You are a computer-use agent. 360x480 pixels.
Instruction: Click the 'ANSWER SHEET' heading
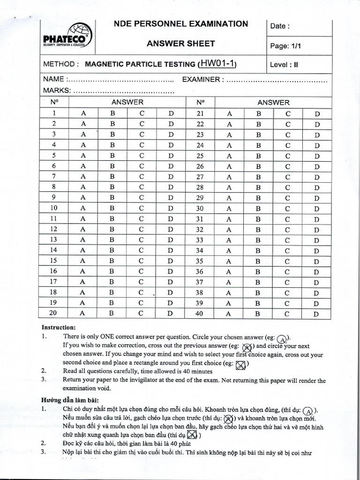181,44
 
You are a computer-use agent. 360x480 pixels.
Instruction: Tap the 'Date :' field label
280,26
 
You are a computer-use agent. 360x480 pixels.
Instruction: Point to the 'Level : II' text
285,65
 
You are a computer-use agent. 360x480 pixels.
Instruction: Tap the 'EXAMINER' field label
200,80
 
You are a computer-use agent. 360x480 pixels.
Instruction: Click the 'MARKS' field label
57,90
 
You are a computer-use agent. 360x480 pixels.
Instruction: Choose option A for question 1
84,113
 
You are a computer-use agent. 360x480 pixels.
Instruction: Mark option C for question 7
141,177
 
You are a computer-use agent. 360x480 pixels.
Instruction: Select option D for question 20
171,314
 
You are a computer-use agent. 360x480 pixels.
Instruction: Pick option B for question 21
258,113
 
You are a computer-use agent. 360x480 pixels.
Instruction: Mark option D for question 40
316,314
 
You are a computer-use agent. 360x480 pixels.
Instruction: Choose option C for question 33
288,240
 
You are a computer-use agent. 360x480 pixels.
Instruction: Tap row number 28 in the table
200,187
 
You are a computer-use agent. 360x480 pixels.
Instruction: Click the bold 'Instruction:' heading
59,327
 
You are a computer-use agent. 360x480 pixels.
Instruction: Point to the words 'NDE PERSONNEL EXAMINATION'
181,24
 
